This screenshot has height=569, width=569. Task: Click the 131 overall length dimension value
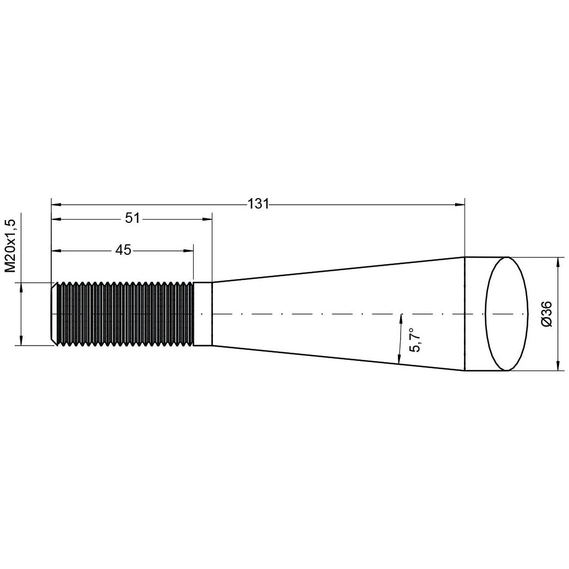258,204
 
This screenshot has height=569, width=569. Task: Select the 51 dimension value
132,218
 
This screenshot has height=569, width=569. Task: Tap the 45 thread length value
123,250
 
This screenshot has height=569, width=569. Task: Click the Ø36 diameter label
547,314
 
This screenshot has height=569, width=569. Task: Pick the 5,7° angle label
415,340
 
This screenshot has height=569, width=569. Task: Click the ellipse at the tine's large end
505,314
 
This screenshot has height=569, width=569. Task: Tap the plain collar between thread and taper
203,314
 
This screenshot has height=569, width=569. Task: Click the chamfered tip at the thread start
54,314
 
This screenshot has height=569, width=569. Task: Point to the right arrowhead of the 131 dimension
460,205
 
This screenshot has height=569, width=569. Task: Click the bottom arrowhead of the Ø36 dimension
559,366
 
